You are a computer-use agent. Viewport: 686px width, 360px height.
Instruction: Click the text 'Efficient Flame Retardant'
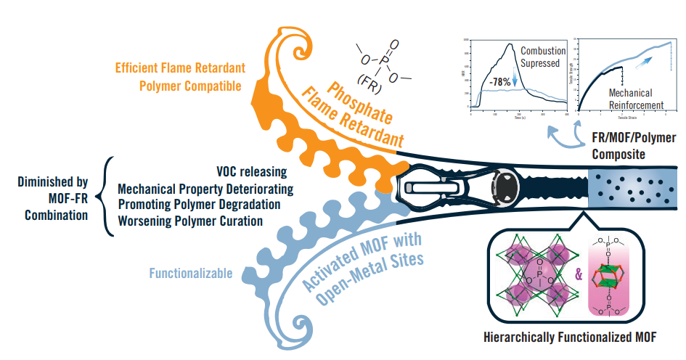pos(180,68)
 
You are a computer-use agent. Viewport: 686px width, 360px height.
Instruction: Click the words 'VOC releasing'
pos(252,173)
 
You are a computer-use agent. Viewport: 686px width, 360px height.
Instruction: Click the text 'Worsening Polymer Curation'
pos(190,221)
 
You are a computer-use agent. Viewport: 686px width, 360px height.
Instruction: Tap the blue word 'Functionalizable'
pos(191,274)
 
